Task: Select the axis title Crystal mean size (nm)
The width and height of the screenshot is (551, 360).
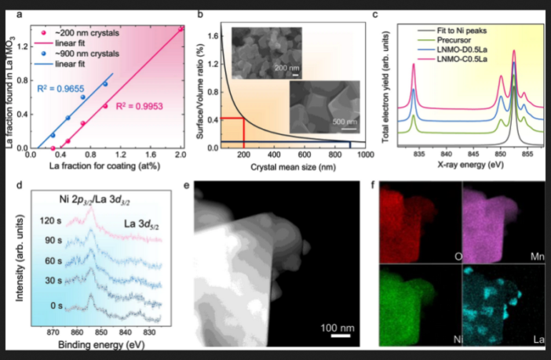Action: point(294,166)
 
